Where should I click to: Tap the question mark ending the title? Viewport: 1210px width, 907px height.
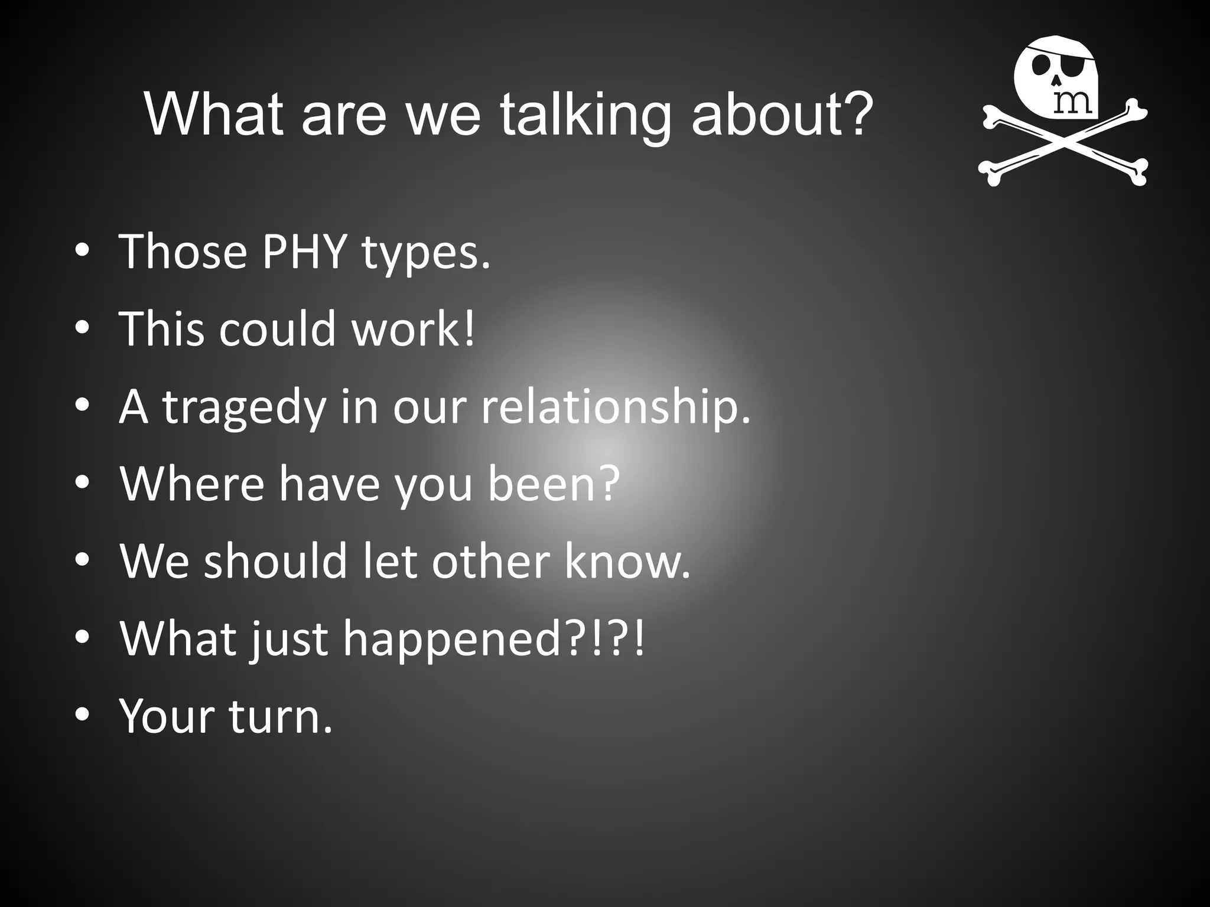(x=856, y=112)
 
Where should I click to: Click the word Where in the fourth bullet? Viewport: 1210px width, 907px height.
(x=191, y=484)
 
